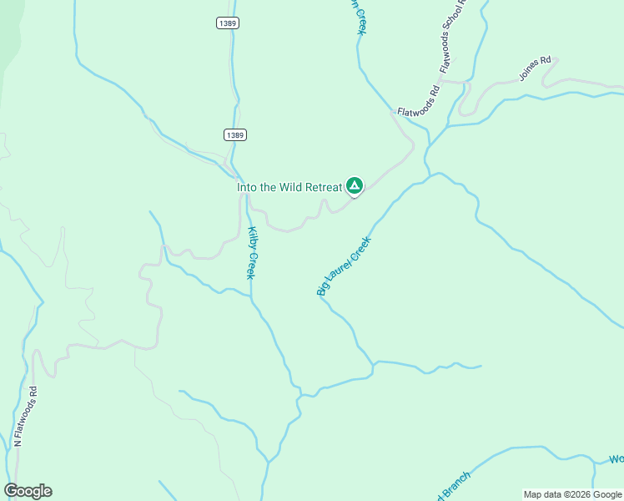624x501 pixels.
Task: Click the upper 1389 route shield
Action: (x=228, y=23)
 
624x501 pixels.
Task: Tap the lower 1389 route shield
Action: (x=235, y=134)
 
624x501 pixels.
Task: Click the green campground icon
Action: (x=354, y=185)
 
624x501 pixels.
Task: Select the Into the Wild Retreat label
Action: (x=289, y=187)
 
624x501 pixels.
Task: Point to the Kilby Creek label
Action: (x=251, y=253)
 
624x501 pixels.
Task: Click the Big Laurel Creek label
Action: (x=343, y=266)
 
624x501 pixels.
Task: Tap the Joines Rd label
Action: (x=536, y=68)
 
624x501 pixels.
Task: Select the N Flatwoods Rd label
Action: (x=26, y=415)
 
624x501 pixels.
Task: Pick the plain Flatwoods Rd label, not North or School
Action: (x=418, y=101)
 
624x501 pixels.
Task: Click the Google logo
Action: (x=28, y=491)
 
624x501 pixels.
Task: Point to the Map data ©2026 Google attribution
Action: (x=572, y=494)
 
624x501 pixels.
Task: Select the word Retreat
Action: (x=324, y=187)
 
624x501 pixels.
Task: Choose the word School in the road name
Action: (x=455, y=30)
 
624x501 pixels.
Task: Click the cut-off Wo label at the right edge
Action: (x=616, y=459)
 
